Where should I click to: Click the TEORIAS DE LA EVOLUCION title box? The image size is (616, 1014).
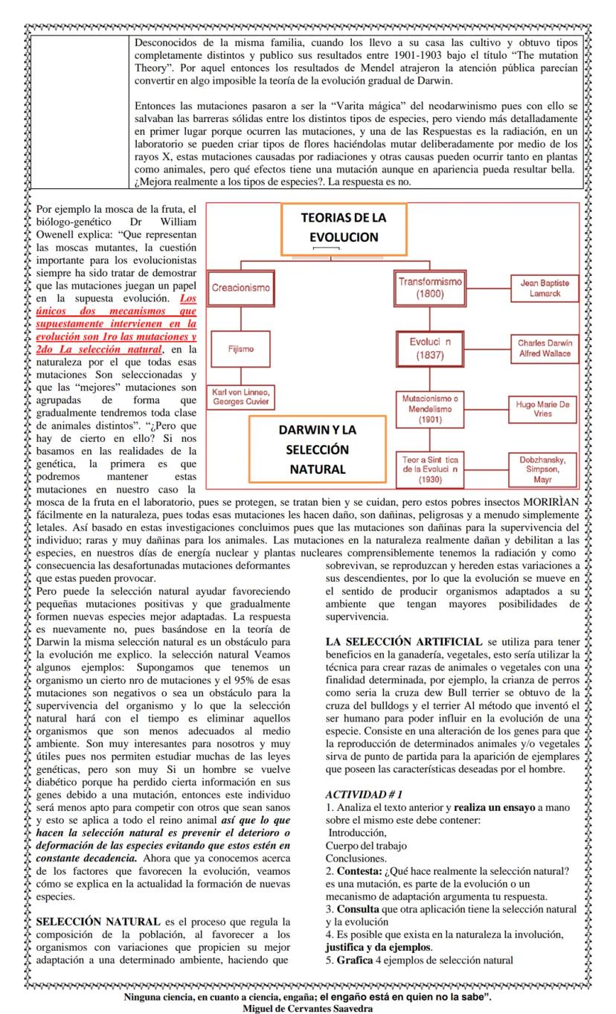tap(343, 229)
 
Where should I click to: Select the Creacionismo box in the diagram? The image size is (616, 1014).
tap(240, 287)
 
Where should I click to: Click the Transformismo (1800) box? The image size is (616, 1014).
tap(430, 288)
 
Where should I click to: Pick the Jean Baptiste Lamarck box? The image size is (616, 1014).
tap(545, 288)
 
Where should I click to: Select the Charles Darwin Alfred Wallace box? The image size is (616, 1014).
tap(545, 347)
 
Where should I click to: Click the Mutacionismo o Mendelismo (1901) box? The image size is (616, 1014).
tap(430, 408)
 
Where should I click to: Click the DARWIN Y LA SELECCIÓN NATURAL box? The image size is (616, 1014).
tap(318, 449)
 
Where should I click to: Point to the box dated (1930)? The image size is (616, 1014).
tap(430, 469)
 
